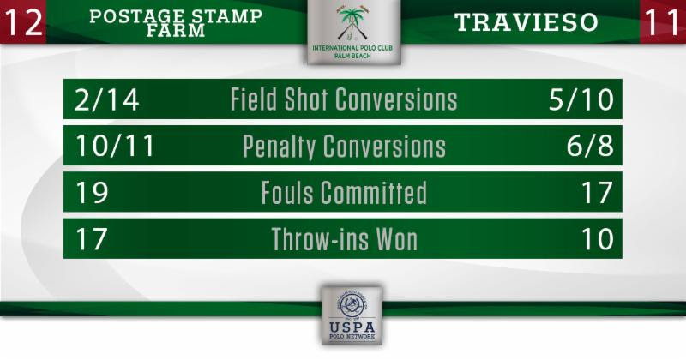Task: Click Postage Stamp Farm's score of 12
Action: point(23,22)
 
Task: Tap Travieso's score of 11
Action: point(661,22)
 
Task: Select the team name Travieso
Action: point(526,22)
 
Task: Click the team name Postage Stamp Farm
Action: point(176,23)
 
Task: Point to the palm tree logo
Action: point(352,24)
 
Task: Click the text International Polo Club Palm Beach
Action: point(352,51)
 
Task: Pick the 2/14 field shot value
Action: point(106,99)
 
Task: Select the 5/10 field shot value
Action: point(581,99)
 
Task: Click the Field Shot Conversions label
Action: point(344,99)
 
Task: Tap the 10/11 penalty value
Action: point(115,146)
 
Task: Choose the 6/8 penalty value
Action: point(590,146)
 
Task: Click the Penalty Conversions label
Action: point(344,147)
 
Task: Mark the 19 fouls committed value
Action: point(92,192)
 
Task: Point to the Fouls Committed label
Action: point(344,193)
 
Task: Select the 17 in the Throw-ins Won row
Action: point(92,239)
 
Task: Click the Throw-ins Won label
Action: point(345,239)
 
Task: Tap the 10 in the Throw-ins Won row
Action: point(597,239)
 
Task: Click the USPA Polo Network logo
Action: point(352,315)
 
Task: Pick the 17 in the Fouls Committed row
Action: point(597,192)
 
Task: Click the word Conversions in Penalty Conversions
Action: point(384,146)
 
